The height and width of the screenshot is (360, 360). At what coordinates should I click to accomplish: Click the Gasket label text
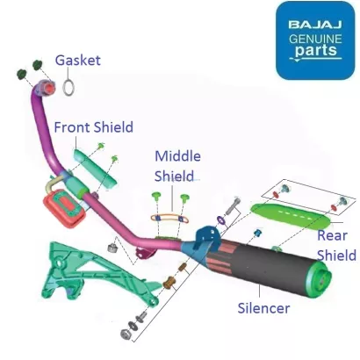tap(78, 61)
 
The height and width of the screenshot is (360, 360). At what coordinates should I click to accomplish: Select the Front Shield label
tap(93, 127)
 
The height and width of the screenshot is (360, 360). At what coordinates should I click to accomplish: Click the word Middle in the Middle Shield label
tap(177, 156)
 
